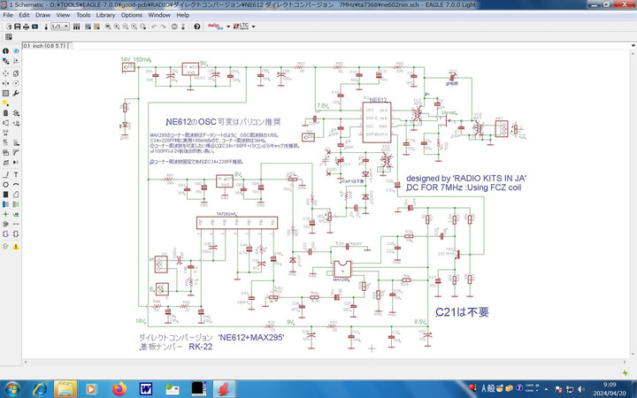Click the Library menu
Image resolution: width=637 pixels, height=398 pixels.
(x=105, y=15)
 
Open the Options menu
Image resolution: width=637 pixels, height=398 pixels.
(x=132, y=15)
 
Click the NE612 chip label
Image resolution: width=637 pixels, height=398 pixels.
(x=377, y=100)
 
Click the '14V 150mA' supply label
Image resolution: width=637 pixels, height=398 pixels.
(x=136, y=59)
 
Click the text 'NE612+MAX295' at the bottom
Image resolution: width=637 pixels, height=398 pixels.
(x=252, y=338)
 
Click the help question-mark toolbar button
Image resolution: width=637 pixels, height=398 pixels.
(x=196, y=27)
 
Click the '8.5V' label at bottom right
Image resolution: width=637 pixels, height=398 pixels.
(x=421, y=321)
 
